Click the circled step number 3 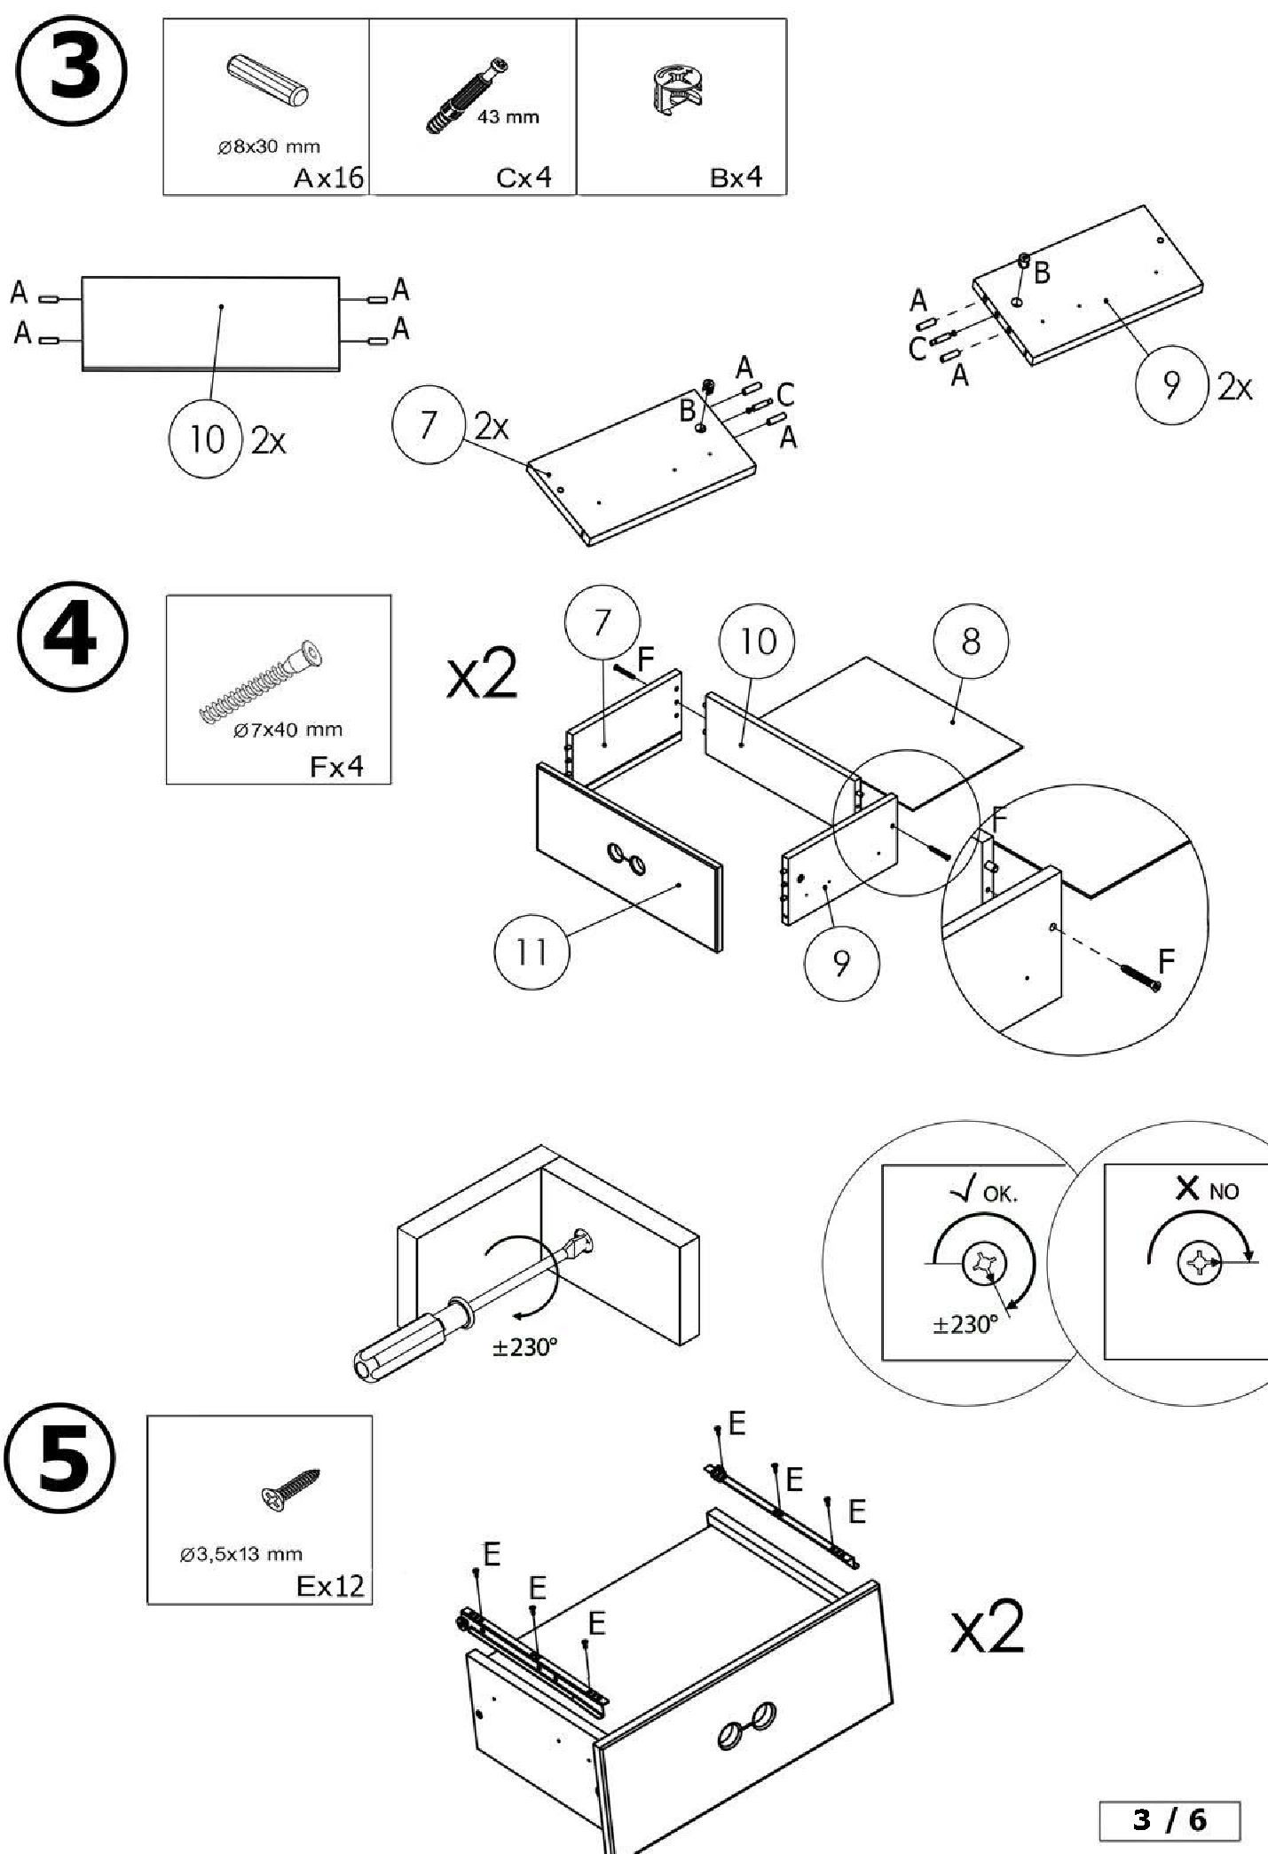click(x=72, y=70)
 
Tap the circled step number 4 click(x=72, y=636)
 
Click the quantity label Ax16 click(x=328, y=178)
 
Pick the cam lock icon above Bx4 click(x=676, y=90)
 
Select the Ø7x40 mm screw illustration click(x=263, y=683)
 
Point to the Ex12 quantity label click(x=329, y=1585)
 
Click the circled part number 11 click(x=531, y=951)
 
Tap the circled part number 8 click(x=971, y=642)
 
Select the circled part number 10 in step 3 click(x=206, y=438)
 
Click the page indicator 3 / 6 click(x=1170, y=1820)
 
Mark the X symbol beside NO click(x=1187, y=1187)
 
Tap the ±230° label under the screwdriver click(x=525, y=1347)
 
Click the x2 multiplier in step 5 click(x=987, y=1628)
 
